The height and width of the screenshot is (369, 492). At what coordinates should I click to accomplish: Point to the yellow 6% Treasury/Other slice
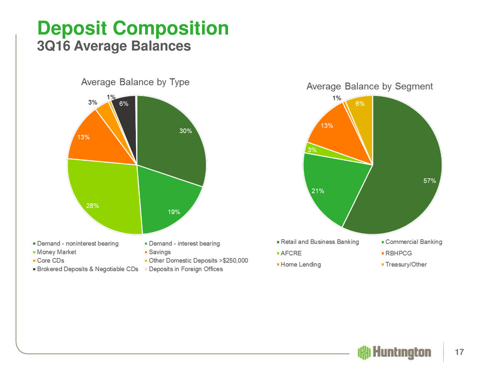tap(360, 107)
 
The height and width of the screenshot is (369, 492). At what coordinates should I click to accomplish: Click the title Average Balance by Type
tap(135, 82)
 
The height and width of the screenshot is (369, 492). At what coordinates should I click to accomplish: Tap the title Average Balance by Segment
tap(370, 86)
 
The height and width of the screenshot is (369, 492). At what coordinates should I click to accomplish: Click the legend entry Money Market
tap(56, 252)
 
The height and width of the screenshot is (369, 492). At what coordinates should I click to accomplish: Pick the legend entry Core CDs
tap(51, 261)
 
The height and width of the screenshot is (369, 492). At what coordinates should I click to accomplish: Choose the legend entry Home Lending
tap(301, 264)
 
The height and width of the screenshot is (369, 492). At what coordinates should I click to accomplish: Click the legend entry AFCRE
tap(291, 253)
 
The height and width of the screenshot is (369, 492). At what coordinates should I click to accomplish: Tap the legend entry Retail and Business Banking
tap(320, 242)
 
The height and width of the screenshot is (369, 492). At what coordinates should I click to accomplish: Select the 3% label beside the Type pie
tap(93, 103)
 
